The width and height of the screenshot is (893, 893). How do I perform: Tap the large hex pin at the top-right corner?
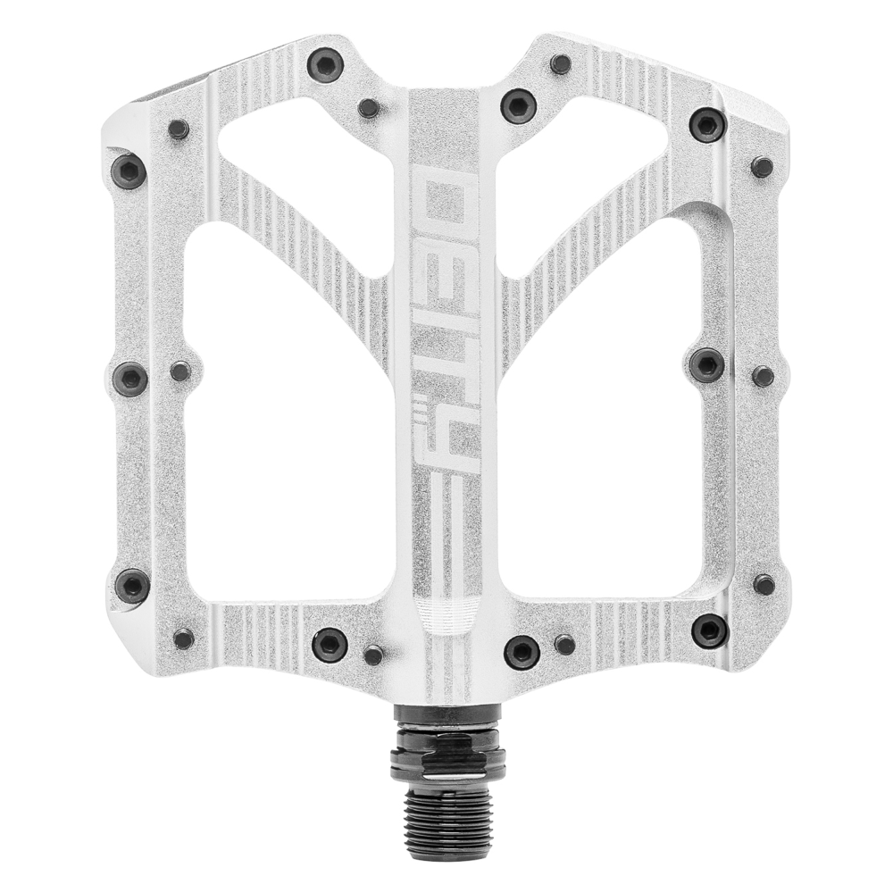pyautogui.click(x=707, y=124)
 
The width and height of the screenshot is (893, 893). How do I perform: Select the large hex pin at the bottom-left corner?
pyautogui.click(x=132, y=586)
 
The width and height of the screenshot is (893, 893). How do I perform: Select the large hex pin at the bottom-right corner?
pyautogui.click(x=709, y=630)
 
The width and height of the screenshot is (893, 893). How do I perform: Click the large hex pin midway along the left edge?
pyautogui.click(x=130, y=379)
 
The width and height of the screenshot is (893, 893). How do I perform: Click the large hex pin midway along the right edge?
pyautogui.click(x=707, y=363)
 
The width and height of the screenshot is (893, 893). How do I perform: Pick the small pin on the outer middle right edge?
pyautogui.click(x=763, y=376)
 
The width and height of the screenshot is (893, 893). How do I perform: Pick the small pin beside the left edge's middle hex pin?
pyautogui.click(x=180, y=371)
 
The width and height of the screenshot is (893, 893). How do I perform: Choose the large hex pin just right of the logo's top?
pyautogui.click(x=518, y=105)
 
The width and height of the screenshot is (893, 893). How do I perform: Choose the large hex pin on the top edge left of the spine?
pyautogui.click(x=325, y=65)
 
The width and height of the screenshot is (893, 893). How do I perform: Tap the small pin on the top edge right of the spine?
pyautogui.click(x=561, y=63)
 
